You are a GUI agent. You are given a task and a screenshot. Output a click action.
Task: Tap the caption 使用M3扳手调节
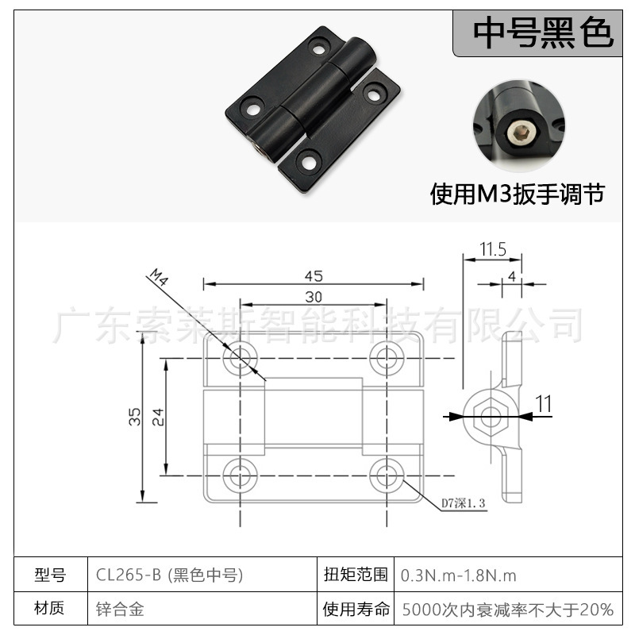click(x=517, y=194)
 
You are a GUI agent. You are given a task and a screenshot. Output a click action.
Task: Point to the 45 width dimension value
click(x=313, y=275)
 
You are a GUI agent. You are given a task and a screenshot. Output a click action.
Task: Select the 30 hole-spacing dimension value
click(x=313, y=297)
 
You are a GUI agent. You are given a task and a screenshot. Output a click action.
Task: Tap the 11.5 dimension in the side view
click(x=492, y=249)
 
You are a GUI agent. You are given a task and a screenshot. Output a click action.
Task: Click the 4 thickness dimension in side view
click(x=512, y=275)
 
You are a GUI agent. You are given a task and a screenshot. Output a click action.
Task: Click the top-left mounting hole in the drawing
click(x=240, y=359)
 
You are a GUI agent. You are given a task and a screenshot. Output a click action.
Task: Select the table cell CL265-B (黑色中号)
click(x=168, y=575)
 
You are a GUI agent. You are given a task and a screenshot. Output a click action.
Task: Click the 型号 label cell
click(x=50, y=575)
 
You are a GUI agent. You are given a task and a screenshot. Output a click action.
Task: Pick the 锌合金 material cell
click(x=119, y=610)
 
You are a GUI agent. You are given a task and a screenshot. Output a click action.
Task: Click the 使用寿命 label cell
click(x=356, y=610)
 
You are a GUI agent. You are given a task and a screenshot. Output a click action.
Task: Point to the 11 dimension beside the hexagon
click(x=543, y=404)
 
